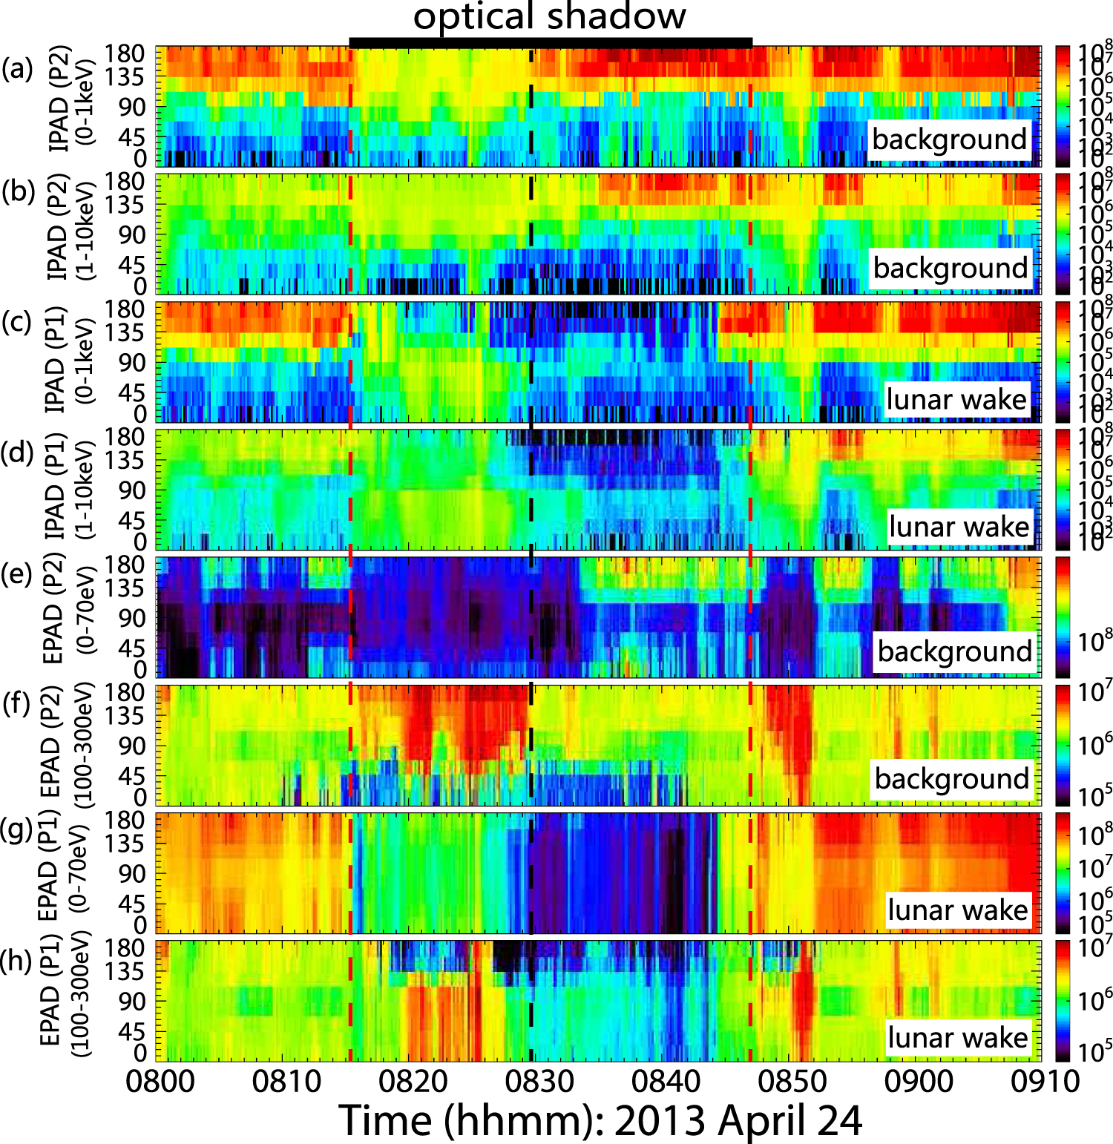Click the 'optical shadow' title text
549,16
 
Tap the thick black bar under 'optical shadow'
550,43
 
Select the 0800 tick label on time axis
160,1081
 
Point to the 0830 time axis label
539,1081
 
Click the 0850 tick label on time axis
792,1081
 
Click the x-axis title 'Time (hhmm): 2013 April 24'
601,1120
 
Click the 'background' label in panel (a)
949,139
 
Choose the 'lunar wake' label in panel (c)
956,399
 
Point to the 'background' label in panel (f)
951,779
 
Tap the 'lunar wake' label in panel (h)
958,1037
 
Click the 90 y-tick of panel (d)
134,490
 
